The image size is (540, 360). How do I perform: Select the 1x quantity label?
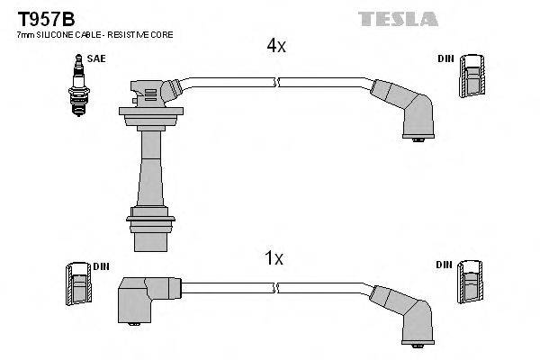click(x=274, y=259)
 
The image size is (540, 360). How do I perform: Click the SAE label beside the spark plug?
click(x=96, y=60)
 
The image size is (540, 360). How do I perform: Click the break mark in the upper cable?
click(x=277, y=83)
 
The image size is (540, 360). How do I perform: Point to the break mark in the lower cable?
click(x=277, y=287)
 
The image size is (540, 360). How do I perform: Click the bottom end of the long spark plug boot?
click(x=148, y=240)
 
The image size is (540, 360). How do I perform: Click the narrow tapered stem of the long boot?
click(x=148, y=171)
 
